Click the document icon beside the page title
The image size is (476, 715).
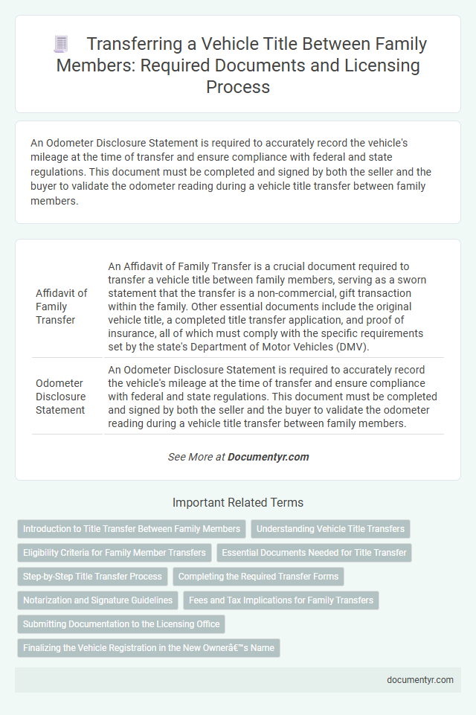(x=61, y=44)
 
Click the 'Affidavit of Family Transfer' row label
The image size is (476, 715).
(x=62, y=307)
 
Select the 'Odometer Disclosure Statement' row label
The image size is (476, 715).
(x=61, y=397)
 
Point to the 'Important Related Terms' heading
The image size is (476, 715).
(x=238, y=502)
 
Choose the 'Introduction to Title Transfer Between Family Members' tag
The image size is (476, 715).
(x=132, y=529)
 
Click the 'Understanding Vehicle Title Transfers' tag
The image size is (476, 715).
(x=330, y=529)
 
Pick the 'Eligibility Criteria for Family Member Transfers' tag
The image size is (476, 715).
(x=115, y=553)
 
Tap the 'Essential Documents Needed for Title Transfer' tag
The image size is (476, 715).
(x=314, y=553)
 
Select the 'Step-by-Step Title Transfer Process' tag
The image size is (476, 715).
(x=92, y=577)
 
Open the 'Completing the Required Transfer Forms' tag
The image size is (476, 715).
(x=258, y=577)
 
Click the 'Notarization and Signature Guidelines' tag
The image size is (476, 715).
(x=97, y=600)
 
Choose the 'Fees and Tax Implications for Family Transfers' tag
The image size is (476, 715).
(x=281, y=600)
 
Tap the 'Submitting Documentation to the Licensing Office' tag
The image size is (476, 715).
(x=121, y=624)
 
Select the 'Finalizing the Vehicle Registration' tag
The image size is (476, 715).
(x=149, y=648)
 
